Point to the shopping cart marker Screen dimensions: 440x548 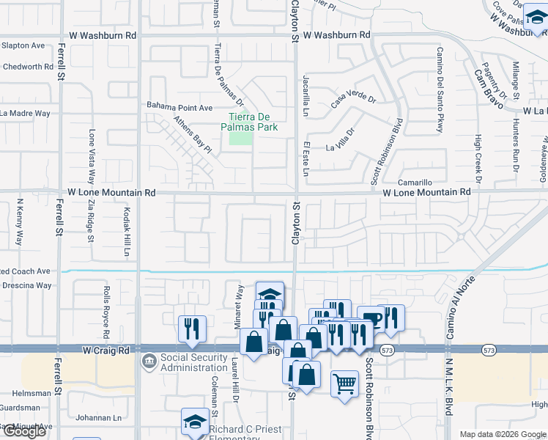pyautogui.click(x=344, y=384)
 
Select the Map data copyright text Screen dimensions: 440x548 pyautogui.click(x=503, y=434)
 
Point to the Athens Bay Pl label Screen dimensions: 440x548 pyautogui.click(x=193, y=135)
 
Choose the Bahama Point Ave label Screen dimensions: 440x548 pyautogui.click(x=179, y=107)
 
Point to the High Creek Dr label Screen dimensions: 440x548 pyautogui.click(x=478, y=158)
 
